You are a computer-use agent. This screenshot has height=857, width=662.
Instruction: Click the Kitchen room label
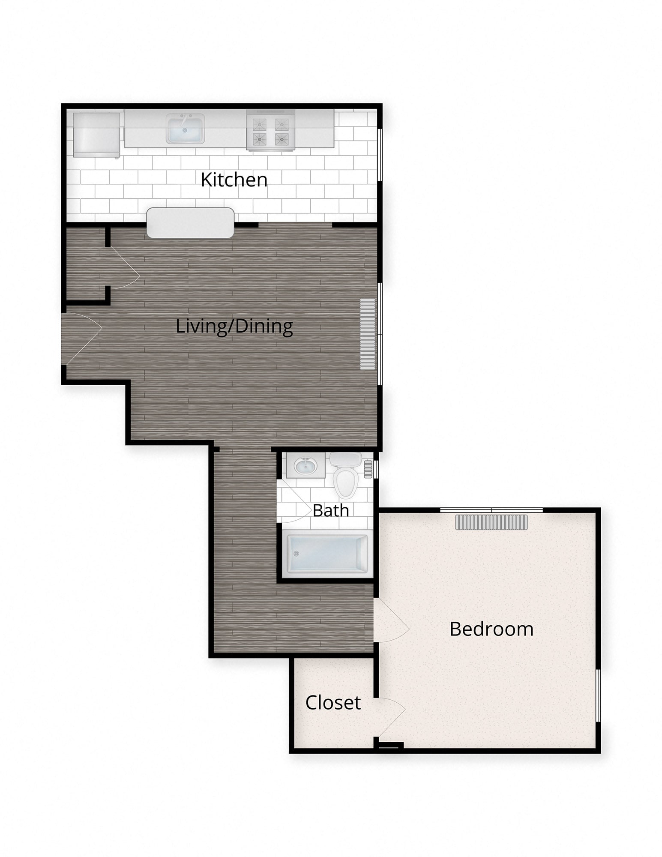point(234,180)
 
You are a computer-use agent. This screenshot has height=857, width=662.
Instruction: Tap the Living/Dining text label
point(234,327)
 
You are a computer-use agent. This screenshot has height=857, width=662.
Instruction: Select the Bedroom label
point(491,629)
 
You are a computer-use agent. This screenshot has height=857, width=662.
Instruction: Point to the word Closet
point(333,703)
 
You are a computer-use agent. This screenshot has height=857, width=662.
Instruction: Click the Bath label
point(331,510)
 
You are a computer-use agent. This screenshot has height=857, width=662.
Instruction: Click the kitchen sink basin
point(185,129)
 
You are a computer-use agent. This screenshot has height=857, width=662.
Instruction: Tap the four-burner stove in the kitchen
point(270,129)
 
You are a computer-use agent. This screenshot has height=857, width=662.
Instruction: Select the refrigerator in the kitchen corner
point(97,135)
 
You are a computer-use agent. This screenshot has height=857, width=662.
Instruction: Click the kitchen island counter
point(190,223)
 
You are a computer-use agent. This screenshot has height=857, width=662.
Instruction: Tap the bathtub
point(328,554)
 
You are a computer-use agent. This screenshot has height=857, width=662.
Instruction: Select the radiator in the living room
point(368,334)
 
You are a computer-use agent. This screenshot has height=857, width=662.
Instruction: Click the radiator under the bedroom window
point(491,522)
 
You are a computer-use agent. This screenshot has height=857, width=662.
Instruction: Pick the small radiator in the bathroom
point(368,469)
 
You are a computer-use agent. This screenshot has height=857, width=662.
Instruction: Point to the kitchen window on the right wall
point(379,154)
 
